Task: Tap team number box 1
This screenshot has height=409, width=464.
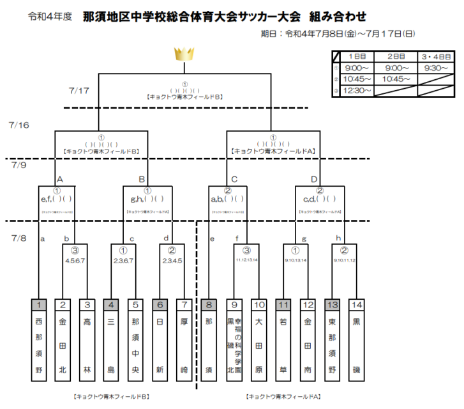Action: tap(40, 305)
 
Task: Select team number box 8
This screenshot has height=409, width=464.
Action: tap(208, 305)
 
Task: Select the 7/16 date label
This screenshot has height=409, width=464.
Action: tap(20, 125)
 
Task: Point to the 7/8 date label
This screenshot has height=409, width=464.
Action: tap(20, 238)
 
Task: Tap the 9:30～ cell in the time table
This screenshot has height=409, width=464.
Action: tap(437, 68)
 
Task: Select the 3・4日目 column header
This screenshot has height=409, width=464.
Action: tap(437, 56)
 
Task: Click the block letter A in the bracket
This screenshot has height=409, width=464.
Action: tap(60, 179)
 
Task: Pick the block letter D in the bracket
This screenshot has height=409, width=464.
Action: tap(313, 179)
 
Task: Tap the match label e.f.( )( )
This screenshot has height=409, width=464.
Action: tap(56, 199)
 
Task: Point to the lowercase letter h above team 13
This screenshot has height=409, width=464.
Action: tap(339, 238)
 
